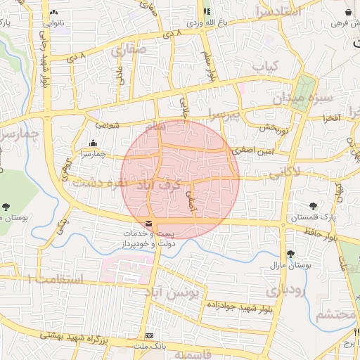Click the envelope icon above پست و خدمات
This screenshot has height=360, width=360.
click(x=146, y=224)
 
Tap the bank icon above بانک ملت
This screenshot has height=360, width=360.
click(x=148, y=335)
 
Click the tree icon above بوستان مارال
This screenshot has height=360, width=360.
click(x=290, y=254)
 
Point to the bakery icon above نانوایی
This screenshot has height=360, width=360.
click(x=53, y=13)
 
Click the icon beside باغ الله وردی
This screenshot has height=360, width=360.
click(x=207, y=11)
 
